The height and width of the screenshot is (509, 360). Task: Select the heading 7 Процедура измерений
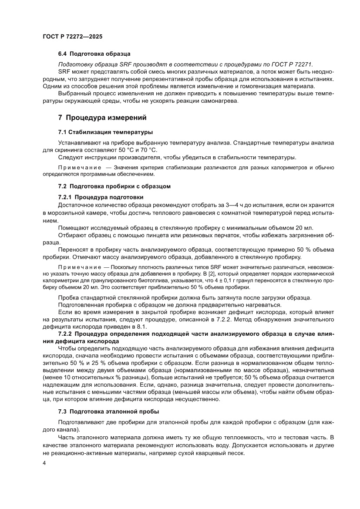tap(103, 118)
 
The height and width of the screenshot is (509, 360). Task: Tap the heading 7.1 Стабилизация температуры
tap(105, 132)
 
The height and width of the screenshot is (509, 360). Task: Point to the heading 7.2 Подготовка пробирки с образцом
tap(114, 186)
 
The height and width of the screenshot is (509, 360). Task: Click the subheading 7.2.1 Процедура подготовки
tap(101, 197)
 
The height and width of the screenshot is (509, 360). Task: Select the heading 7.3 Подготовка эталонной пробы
tap(108, 411)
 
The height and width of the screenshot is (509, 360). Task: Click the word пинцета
tap(139, 235)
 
